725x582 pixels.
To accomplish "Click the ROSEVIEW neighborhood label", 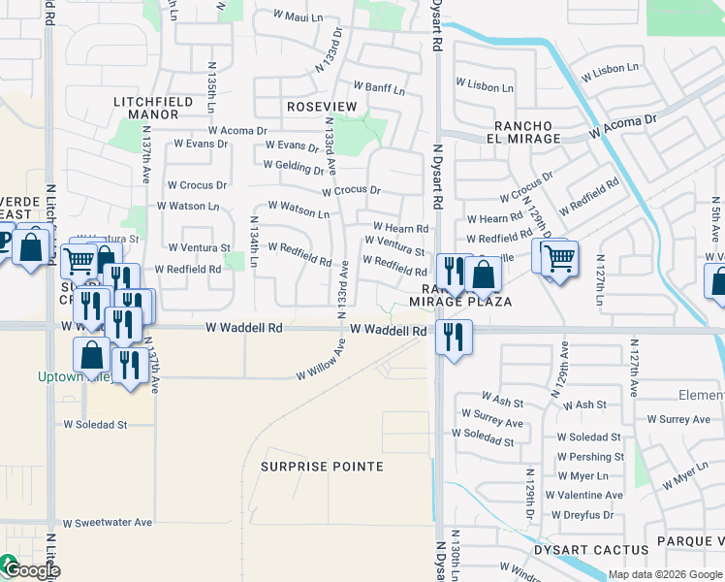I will (x=322, y=106).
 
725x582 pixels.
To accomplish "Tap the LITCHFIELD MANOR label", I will (x=146, y=108).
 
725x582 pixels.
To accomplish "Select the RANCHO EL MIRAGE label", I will (x=527, y=132).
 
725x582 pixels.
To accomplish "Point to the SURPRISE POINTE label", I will (x=322, y=467).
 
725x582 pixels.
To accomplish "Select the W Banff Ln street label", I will (x=378, y=88).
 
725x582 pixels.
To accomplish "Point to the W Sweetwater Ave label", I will (x=108, y=522).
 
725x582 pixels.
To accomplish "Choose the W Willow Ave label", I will (x=321, y=361).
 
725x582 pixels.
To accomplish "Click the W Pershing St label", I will (x=590, y=457).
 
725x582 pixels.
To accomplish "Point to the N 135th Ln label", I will (x=211, y=87).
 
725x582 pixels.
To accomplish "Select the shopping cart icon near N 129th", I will (x=559, y=259).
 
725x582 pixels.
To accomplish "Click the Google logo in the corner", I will (x=31, y=570).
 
